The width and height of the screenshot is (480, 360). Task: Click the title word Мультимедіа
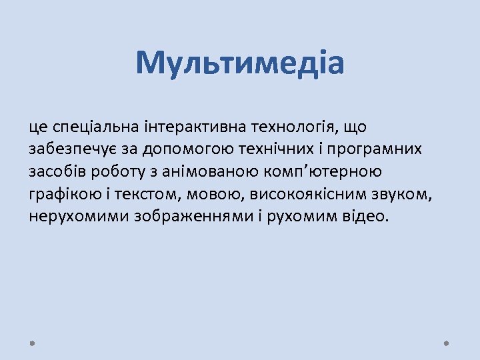(240, 64)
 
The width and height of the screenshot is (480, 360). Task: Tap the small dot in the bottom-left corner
(33, 343)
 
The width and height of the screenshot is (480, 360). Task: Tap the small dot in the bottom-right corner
(447, 343)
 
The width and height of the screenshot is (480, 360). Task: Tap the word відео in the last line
(363, 217)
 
